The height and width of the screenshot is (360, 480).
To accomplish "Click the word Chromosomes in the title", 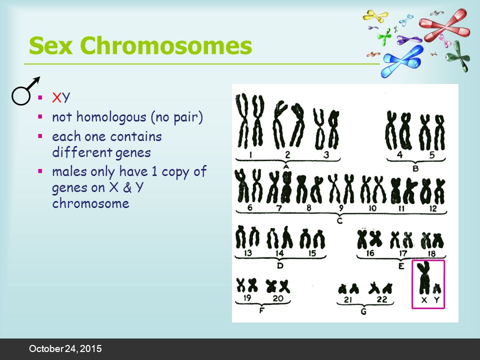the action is pyautogui.click(x=166, y=45).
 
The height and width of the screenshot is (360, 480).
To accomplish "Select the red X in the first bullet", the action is pyautogui.click(x=57, y=97).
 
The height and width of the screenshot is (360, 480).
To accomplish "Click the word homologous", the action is pyautogui.click(x=111, y=117).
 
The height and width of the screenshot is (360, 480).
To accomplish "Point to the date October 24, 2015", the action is pyautogui.click(x=65, y=348).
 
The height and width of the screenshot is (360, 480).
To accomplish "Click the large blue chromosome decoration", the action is pyautogui.click(x=402, y=60).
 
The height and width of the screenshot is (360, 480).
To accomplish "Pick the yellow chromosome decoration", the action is pyautogui.click(x=375, y=16).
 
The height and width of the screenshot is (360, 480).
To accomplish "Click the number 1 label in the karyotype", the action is pyautogui.click(x=250, y=155).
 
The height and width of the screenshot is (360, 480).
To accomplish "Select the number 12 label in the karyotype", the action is pyautogui.click(x=433, y=209).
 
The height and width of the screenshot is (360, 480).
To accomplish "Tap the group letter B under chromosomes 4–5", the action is pyautogui.click(x=415, y=168).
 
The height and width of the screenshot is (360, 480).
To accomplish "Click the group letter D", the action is pyautogui.click(x=280, y=265).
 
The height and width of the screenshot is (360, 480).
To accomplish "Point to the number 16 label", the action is pyautogui.click(x=370, y=253).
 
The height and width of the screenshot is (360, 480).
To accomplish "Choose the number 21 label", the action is pyautogui.click(x=348, y=299).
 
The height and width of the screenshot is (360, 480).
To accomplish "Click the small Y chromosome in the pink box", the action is pyautogui.click(x=436, y=288).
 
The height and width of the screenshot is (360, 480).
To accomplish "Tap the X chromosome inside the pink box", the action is pyautogui.click(x=424, y=277).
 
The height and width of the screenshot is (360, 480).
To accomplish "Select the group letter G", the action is pyautogui.click(x=363, y=311).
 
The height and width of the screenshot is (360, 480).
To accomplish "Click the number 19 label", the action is pyautogui.click(x=247, y=298).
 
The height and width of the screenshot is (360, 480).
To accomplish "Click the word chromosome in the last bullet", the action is pyautogui.click(x=90, y=203).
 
